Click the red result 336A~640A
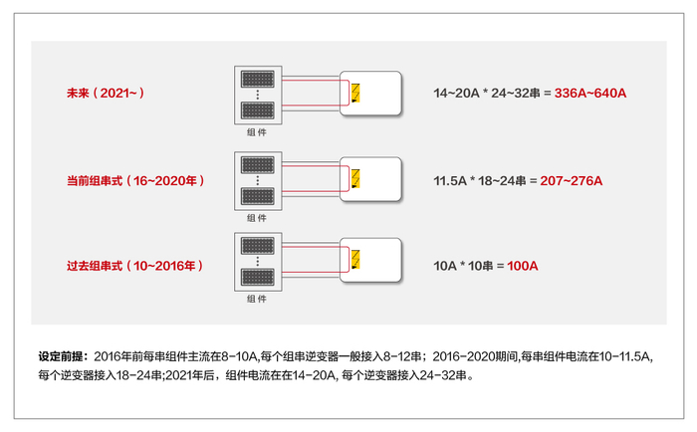click(591, 94)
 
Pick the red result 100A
click(523, 266)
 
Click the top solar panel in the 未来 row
click(257, 78)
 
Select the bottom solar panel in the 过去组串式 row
click(257, 280)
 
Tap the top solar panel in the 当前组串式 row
click(257, 163)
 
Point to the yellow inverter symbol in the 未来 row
click(354, 95)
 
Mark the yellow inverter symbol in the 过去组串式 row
click(354, 262)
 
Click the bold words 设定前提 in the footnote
click(63, 354)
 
